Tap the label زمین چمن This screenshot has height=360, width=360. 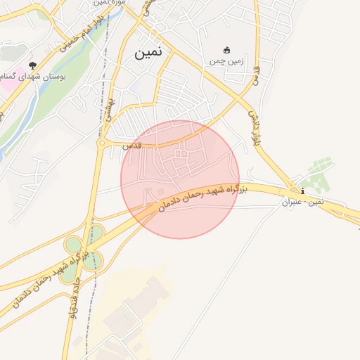pos(226,61)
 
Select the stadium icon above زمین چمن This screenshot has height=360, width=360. pos(226,50)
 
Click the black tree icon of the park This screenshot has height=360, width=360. pos(32,65)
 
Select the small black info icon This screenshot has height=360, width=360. pos(302,191)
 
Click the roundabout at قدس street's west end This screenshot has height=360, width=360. pos(102,143)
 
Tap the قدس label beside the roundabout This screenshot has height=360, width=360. pos(132,146)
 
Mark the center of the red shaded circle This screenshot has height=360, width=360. pos(180,179)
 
